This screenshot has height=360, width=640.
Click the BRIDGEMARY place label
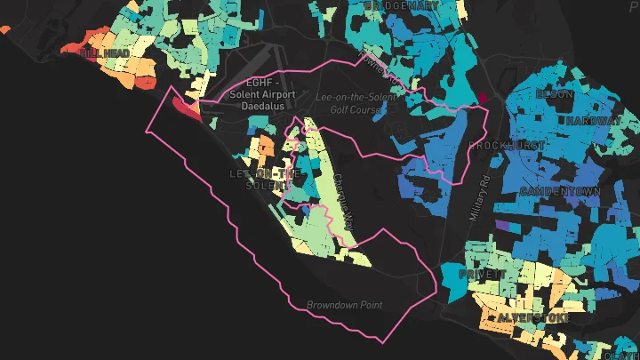[x=403, y=5]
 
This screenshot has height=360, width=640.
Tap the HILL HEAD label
[x=106, y=53]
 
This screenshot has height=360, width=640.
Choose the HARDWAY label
[x=593, y=121]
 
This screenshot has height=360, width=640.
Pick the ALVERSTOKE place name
[x=532, y=317]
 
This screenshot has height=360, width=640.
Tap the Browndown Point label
[x=344, y=305]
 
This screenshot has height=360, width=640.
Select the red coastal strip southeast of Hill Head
[x=187, y=108]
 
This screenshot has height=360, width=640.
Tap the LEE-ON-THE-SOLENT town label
[x=260, y=179]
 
